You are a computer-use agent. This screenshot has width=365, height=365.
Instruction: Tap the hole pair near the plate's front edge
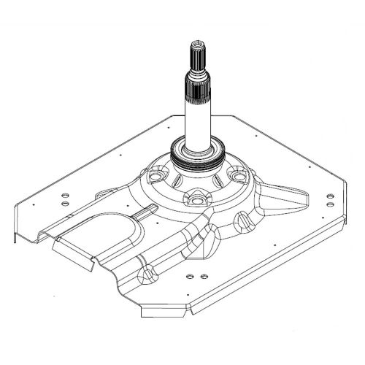pos(193,278)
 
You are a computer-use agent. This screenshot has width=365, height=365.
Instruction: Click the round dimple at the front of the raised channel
pos(150,274)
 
